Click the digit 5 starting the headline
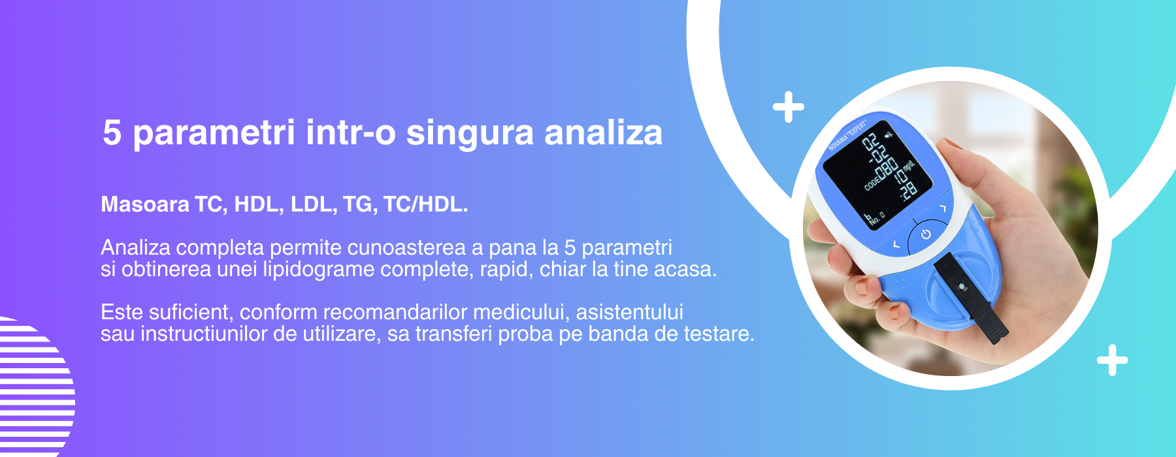coord(112,132)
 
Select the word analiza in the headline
coord(604,132)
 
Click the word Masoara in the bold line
coord(145,204)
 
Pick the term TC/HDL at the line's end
coord(425,204)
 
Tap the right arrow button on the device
coord(943,208)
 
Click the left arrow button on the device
coord(896,245)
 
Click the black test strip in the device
coord(971,296)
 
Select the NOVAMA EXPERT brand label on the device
coord(847,136)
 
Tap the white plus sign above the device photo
coord(789,107)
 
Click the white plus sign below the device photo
coord(1113,360)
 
